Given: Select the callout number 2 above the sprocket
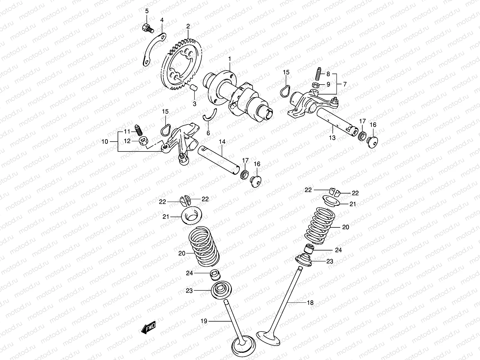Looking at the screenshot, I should pos(188,26).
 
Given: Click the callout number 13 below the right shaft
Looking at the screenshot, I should pos(332,138).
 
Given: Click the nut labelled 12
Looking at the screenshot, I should pos(143,140).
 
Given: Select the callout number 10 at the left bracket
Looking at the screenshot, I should pos(105,141).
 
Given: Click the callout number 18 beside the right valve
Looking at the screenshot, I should pos(310,303).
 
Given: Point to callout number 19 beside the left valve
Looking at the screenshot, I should pos(204,321).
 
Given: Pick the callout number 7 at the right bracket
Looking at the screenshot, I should pos(345,84).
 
